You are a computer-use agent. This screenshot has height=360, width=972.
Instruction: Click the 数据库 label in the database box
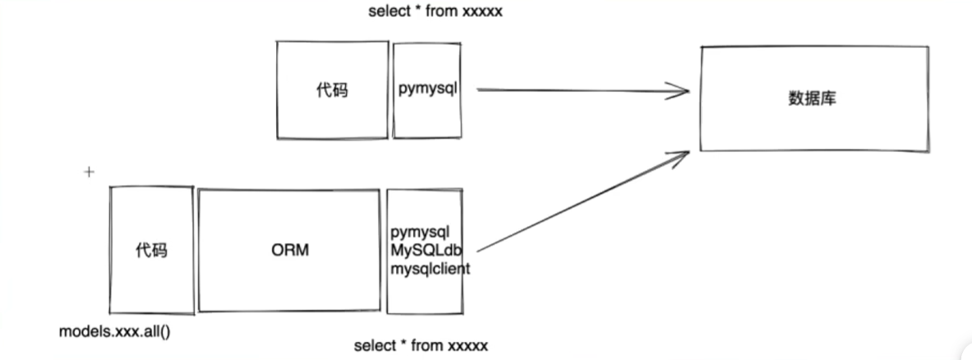[812, 99]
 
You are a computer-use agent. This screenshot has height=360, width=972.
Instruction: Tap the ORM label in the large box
[290, 250]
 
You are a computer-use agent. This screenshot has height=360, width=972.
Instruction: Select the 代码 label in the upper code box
[331, 90]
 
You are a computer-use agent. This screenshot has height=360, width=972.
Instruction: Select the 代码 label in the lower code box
[151, 250]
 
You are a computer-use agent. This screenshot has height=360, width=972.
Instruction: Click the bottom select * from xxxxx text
[421, 345]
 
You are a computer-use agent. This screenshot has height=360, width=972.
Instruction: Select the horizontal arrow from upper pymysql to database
[575, 90]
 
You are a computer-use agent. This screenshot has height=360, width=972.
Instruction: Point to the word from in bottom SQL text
[428, 345]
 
